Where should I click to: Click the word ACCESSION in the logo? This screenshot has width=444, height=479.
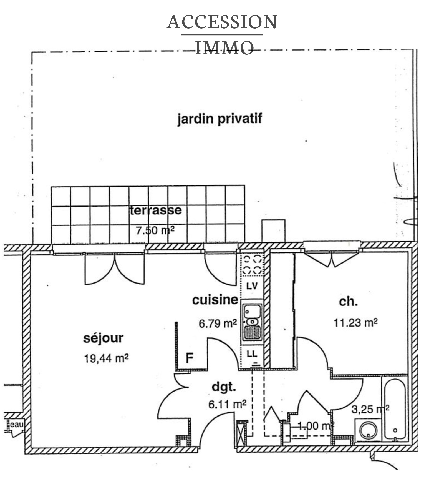[x=222, y=22]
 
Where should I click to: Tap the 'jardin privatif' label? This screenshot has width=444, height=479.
[x=220, y=119]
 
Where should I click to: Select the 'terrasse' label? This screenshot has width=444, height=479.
[x=155, y=210]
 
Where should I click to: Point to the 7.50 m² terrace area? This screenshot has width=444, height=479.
[x=155, y=230]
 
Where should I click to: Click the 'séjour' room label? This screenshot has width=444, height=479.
[x=103, y=338]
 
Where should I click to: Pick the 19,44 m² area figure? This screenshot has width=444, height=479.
[x=106, y=358]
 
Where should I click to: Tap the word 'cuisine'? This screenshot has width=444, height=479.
[x=215, y=300]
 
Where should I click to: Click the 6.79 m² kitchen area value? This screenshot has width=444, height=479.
[x=218, y=323]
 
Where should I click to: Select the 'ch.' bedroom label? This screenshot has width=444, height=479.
[x=348, y=302]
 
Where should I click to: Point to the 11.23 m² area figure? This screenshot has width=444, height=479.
[x=355, y=323]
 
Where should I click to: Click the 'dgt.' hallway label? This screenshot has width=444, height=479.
[x=224, y=387]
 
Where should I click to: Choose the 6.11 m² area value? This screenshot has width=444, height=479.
[x=227, y=404]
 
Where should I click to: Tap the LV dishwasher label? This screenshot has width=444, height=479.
[x=252, y=286]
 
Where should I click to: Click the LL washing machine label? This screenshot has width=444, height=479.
[x=252, y=354]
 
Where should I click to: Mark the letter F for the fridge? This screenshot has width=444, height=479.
[x=189, y=358]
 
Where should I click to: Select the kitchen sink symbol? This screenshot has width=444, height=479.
[x=252, y=322]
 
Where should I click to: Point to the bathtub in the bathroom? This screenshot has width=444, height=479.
[x=395, y=408]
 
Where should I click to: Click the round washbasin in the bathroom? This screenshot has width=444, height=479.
[x=368, y=430]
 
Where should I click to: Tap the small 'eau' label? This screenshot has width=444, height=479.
[x=17, y=425]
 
